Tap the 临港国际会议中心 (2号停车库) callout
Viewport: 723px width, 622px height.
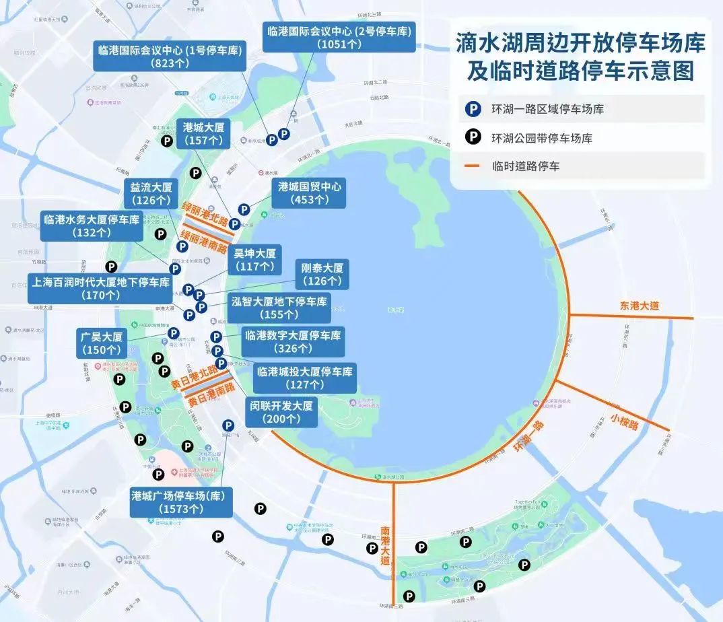(x=338, y=37)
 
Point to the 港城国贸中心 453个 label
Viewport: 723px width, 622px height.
(x=308, y=193)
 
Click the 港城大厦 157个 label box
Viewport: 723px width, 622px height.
(x=203, y=133)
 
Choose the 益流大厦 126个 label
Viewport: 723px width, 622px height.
(x=150, y=193)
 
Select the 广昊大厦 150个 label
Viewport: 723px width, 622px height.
(x=102, y=342)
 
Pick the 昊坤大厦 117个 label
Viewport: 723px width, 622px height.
(x=254, y=260)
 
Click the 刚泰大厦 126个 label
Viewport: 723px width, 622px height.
(x=322, y=273)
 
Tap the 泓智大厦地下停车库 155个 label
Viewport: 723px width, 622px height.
(x=279, y=308)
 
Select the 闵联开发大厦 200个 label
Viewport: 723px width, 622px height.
(x=281, y=412)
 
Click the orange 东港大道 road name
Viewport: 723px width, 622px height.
(x=640, y=306)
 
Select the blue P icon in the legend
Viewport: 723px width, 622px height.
(x=474, y=108)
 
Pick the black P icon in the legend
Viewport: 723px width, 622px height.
(x=474, y=137)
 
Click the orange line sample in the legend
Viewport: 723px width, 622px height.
(x=474, y=166)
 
